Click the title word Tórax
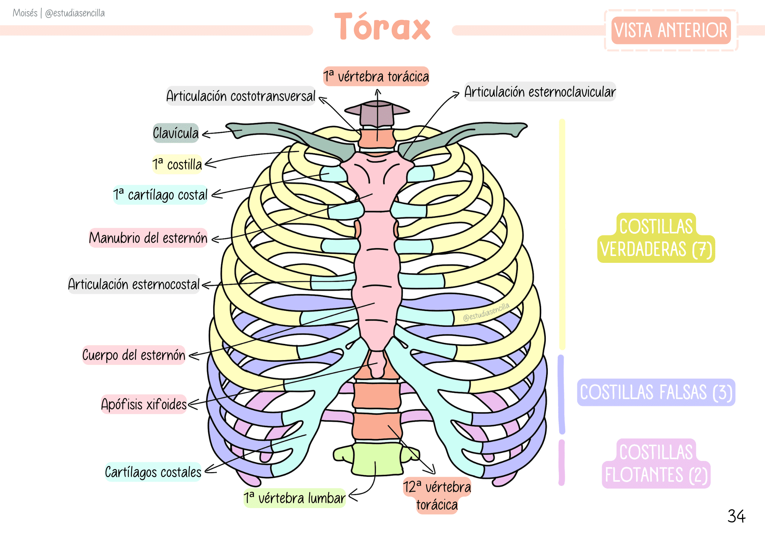tap(382, 27)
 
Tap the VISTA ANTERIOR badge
tap(671, 30)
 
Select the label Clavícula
tap(176, 133)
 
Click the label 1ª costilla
tap(177, 165)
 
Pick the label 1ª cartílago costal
tap(160, 195)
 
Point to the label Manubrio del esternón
tap(148, 238)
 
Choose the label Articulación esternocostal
tap(134, 284)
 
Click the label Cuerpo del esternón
tap(133, 355)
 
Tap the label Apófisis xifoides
tap(144, 404)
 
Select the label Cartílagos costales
tap(153, 472)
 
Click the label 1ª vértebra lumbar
tap(295, 498)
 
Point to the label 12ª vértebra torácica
tap(437, 496)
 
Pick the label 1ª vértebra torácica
tap(376, 77)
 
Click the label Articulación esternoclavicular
tap(540, 92)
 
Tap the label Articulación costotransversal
tap(241, 96)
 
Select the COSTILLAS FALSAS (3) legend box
tap(656, 393)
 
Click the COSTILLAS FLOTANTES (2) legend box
tap(656, 464)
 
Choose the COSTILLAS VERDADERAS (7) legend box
tap(656, 238)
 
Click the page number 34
tap(736, 516)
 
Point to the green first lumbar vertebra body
tap(376, 459)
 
